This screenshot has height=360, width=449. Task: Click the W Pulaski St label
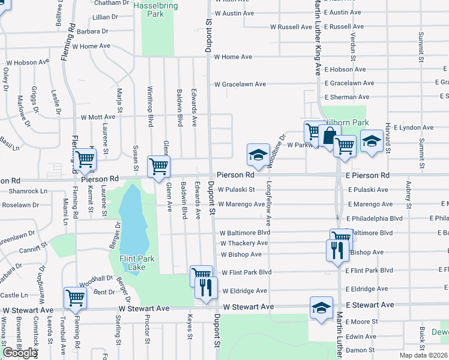point(237,190)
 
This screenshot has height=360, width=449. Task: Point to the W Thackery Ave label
point(244,243)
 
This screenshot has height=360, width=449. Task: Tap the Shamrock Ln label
point(28,191)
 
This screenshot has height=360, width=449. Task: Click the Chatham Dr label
point(112,3)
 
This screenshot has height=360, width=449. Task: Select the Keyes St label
point(190,328)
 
